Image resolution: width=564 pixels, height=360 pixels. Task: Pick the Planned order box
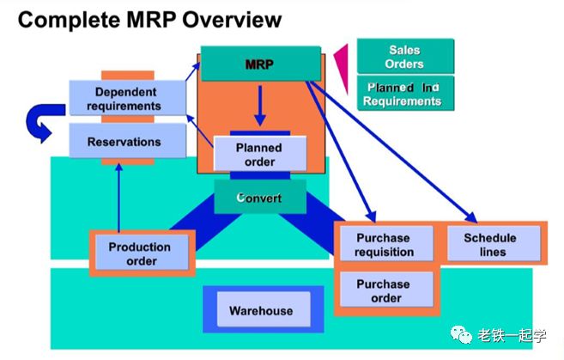[x=258, y=155]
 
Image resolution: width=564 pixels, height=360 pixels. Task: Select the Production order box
[x=139, y=253]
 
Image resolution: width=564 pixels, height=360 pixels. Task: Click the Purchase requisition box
[x=384, y=245]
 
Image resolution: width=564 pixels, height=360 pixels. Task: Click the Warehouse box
[x=261, y=310]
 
